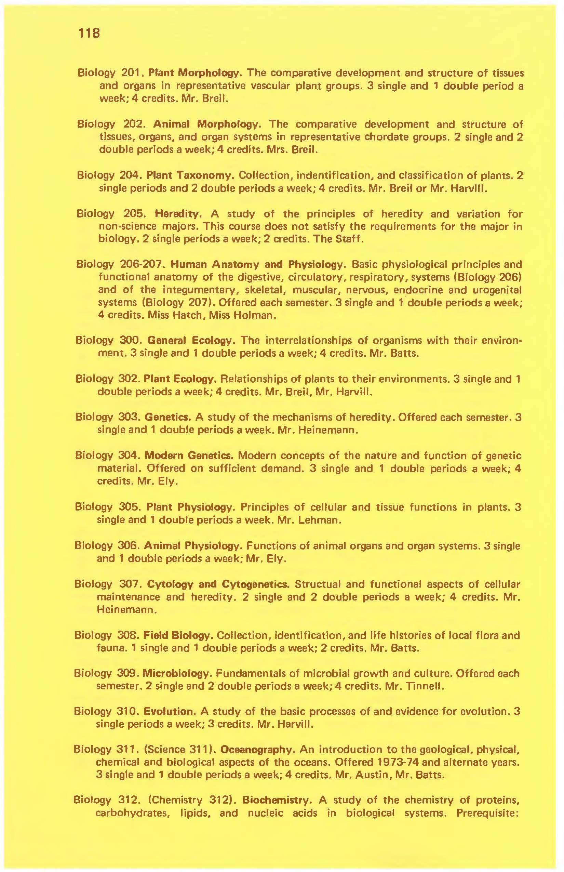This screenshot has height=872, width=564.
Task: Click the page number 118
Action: [x=89, y=34]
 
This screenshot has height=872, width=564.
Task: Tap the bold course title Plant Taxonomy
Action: [x=190, y=175]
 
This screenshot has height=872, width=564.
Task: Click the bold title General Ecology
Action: [x=190, y=341]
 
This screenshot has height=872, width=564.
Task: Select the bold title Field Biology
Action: [x=178, y=635]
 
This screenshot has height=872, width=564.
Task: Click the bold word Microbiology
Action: [x=177, y=673]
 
